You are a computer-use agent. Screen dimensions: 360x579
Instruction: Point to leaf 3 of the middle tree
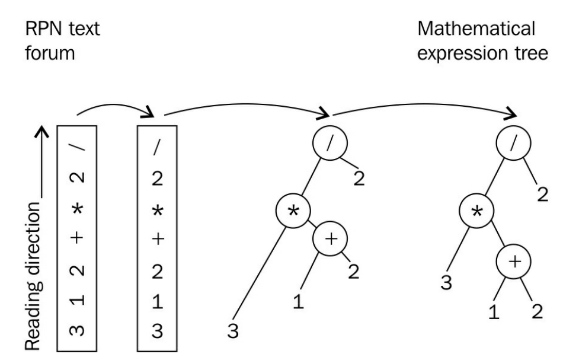(x=233, y=332)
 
